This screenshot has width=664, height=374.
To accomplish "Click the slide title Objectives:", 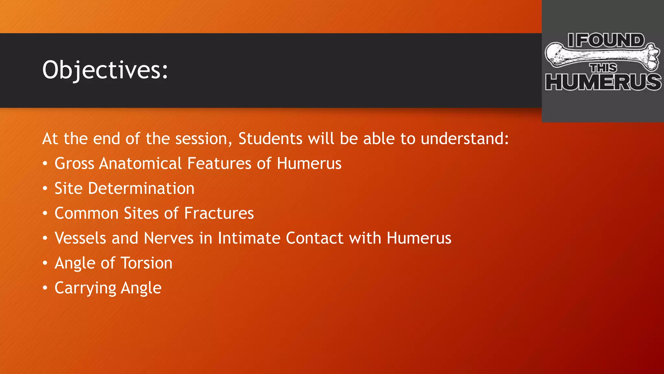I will coord(105,70).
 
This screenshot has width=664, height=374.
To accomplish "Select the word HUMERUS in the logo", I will coord(603,81).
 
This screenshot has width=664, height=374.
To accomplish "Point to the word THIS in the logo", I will coord(603,68).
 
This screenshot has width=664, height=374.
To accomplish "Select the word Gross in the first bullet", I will coord(74,163).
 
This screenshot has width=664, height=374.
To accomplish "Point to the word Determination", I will coord(141,188).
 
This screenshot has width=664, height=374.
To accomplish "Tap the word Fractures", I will coord(219,213).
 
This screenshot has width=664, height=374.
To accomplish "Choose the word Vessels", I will coord(80,238).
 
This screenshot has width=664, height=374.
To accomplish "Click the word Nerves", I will coord(169,238).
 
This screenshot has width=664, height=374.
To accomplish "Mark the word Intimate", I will coord(249,238).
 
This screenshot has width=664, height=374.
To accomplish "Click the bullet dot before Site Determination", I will coord(45,189).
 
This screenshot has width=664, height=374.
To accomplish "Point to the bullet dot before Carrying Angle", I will coord(45,288).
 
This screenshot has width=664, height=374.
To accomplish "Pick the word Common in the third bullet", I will coord(86,213).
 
